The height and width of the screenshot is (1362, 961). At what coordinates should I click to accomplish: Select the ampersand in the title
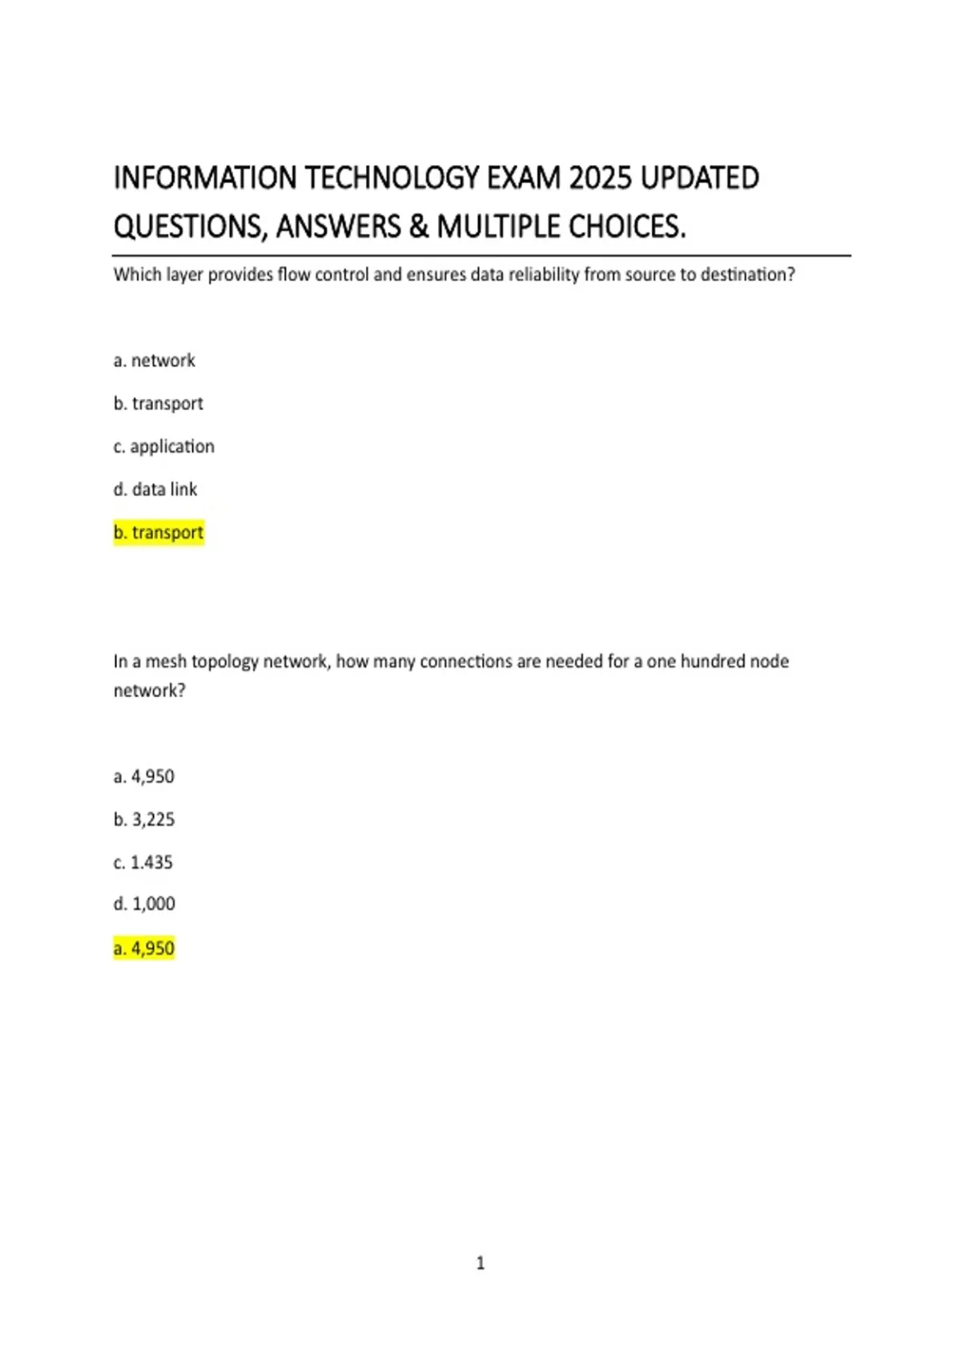418,228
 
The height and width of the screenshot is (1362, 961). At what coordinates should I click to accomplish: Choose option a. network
155,361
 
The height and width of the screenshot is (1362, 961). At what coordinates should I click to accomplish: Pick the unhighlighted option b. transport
159,404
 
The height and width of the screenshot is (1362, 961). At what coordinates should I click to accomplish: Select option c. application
164,446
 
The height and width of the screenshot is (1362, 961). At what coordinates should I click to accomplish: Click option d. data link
155,490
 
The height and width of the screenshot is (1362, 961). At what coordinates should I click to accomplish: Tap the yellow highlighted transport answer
159,533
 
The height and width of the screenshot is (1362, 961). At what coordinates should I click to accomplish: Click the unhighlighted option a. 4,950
144,776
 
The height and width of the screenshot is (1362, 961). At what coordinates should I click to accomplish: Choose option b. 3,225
144,820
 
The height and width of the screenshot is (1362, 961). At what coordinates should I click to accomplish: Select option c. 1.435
143,863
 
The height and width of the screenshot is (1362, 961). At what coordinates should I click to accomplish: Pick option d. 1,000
144,905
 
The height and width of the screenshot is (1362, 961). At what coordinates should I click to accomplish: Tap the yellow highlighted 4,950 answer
144,949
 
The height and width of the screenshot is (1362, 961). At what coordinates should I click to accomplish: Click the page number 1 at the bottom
480,1263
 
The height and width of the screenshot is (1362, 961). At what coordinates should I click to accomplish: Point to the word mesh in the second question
166,662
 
